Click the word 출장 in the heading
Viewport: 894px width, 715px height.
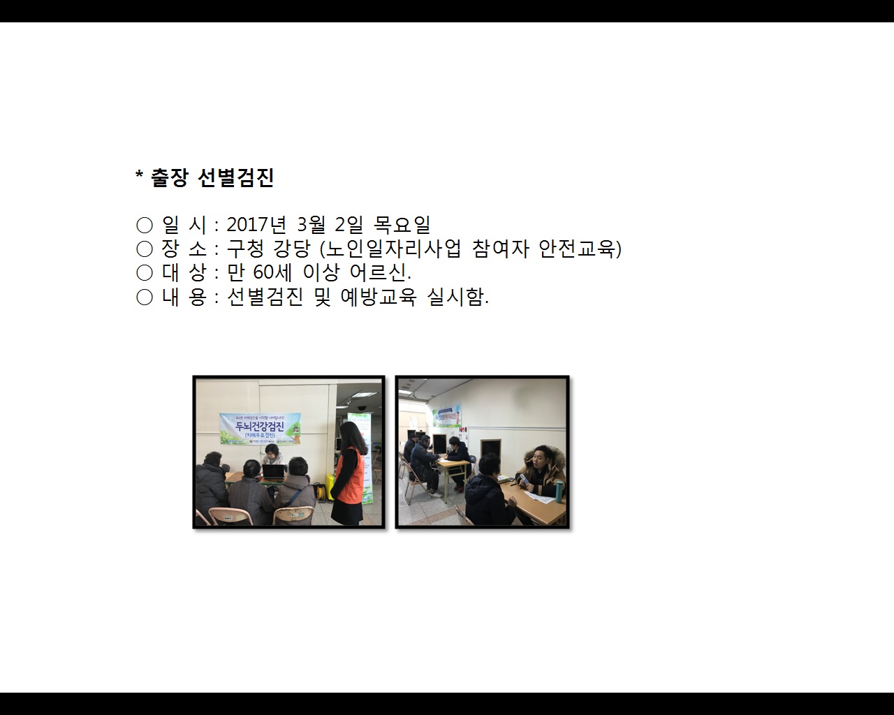point(170,178)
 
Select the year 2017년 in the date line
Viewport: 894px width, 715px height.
point(256,225)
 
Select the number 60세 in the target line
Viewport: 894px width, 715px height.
point(273,272)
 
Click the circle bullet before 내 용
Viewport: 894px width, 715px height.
point(145,297)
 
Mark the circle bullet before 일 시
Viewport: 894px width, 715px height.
point(145,225)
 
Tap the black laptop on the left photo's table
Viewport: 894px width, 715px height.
point(273,473)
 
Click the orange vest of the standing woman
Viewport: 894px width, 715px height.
point(349,475)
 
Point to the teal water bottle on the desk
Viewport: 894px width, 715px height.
point(559,490)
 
